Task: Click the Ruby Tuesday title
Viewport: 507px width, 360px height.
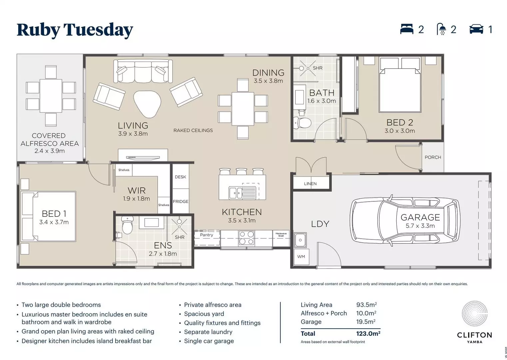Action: [75, 30]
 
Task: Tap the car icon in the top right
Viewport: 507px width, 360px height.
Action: [476, 29]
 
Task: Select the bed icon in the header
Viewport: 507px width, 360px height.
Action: [406, 29]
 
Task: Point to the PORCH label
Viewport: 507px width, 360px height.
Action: [433, 157]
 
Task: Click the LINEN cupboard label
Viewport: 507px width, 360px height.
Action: [310, 184]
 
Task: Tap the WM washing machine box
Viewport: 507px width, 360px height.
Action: [301, 257]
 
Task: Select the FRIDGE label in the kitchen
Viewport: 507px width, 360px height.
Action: [181, 201]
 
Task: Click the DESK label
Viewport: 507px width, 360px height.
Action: [180, 177]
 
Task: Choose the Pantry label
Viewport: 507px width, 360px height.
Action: [207, 235]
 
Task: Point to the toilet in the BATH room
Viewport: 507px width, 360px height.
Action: [302, 122]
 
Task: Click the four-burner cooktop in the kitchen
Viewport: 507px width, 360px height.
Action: [247, 238]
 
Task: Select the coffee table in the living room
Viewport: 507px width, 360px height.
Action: [147, 104]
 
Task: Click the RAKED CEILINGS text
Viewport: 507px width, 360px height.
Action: [193, 130]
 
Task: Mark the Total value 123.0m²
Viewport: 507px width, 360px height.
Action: [368, 333]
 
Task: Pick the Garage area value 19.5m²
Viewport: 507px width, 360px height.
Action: [366, 322]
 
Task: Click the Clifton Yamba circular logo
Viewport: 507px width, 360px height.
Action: [474, 314]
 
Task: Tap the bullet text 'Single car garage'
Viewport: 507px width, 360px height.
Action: [209, 341]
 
